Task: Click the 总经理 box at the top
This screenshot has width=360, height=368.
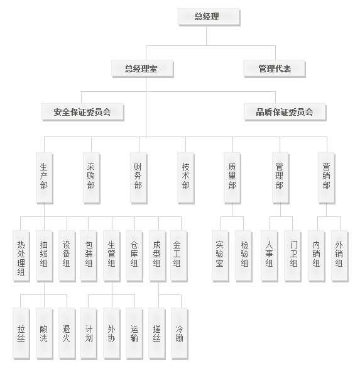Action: (209, 17)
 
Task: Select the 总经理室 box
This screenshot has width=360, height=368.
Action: (142, 69)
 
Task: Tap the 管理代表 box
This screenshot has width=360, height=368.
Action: (274, 69)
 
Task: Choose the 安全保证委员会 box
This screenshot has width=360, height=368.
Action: (83, 112)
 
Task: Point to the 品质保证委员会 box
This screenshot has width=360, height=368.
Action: (285, 112)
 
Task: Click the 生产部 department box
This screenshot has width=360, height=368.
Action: (45, 178)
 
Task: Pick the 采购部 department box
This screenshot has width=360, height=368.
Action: (91, 178)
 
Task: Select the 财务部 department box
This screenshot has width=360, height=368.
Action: (138, 178)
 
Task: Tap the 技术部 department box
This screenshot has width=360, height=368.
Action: (185, 178)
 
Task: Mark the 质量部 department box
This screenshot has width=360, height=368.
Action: (232, 178)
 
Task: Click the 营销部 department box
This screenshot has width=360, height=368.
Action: (327, 178)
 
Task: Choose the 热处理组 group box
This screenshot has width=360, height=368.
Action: (21, 256)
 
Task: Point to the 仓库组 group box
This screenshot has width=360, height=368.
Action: (134, 256)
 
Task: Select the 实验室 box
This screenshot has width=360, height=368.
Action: (221, 256)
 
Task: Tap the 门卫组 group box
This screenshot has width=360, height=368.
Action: (293, 256)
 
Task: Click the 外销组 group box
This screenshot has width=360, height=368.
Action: (340, 256)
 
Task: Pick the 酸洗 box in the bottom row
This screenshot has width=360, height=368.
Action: (45, 333)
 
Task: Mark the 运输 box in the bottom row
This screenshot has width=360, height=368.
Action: (134, 333)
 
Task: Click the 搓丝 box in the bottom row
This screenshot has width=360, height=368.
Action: (157, 333)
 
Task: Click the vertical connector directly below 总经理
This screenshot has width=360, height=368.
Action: (207, 35)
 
